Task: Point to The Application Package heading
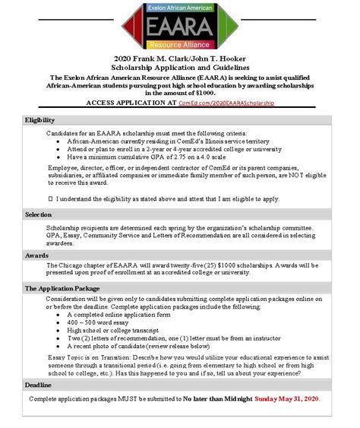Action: (x=62, y=289)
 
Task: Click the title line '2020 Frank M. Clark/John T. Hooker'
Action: (x=179, y=59)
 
